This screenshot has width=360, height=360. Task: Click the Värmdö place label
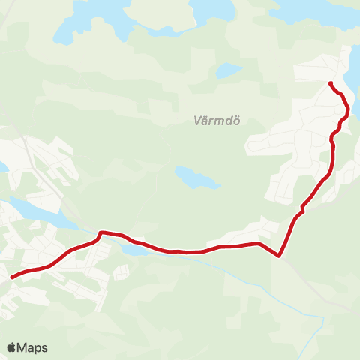coord(211,120)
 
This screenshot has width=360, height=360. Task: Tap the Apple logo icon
coord(11,347)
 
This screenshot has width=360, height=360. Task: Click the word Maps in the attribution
coord(32,347)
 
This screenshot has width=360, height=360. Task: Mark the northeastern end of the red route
coord(330,82)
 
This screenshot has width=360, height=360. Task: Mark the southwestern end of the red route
coord(11,277)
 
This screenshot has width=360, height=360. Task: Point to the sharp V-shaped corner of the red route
coord(279,256)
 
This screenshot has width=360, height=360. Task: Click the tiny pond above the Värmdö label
coord(229,70)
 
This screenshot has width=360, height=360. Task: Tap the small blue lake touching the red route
coord(135,248)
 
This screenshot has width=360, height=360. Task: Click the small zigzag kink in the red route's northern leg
coord(302,208)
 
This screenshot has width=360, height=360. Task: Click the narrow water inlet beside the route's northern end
coord(352,75)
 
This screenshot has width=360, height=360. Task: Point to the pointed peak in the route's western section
coord(100,232)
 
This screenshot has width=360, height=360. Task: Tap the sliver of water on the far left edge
coord(2,166)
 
